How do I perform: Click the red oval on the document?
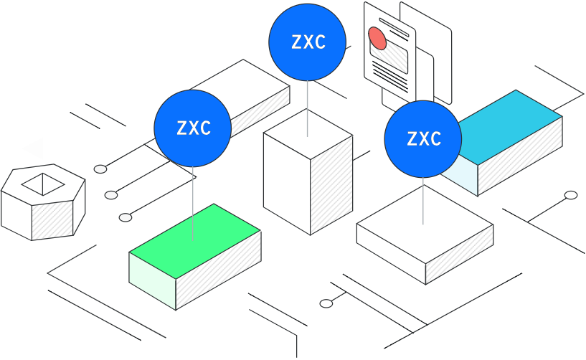[x=377, y=38]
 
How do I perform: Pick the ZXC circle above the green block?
[x=193, y=128]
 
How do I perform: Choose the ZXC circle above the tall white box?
[x=308, y=41]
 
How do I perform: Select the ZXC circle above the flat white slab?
[x=423, y=138]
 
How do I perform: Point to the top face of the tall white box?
[x=308, y=134]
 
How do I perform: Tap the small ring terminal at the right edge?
[x=571, y=195]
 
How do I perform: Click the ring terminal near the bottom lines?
[x=326, y=303]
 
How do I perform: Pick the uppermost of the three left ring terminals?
[x=101, y=169]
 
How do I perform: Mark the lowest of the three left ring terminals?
[x=126, y=217]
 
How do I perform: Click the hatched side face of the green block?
[x=219, y=270]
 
